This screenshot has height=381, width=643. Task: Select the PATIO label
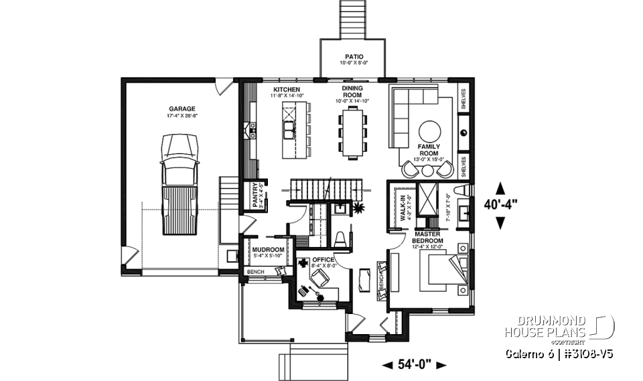(354, 56)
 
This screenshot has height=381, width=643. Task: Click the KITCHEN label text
(287, 89)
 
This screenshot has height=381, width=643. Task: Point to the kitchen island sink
(289, 127)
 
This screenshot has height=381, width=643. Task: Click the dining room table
(353, 133)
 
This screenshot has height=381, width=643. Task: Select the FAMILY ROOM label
(428, 149)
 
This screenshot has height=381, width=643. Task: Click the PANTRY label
(255, 195)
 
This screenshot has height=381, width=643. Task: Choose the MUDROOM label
(269, 250)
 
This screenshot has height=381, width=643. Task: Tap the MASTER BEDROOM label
(428, 237)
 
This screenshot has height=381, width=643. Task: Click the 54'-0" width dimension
(414, 364)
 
